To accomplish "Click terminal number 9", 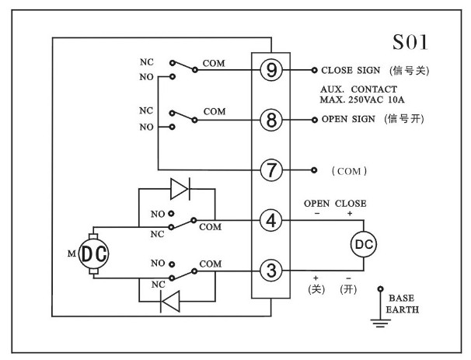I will point(271,70).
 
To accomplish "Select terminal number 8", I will point(271,121).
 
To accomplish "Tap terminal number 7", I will point(271,170).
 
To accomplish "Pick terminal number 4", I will point(271,220).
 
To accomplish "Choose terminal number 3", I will point(271,270).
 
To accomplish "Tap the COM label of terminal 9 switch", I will point(214,61).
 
